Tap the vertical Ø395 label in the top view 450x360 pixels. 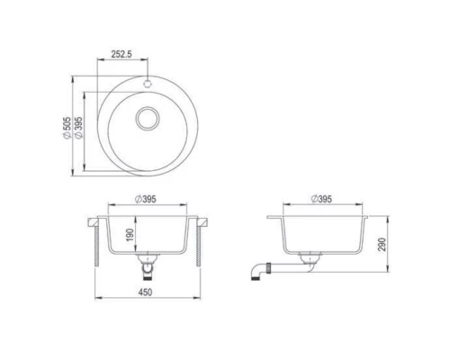79,128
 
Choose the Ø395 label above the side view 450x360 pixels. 319,200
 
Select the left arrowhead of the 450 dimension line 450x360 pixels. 99,299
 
